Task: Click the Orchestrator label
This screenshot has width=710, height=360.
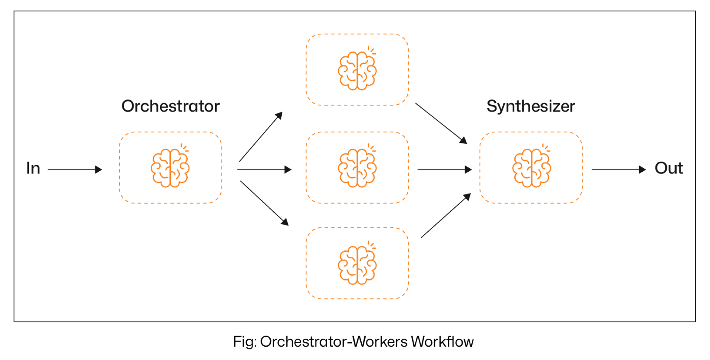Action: coord(170,107)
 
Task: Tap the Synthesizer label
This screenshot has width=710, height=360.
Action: coord(531,107)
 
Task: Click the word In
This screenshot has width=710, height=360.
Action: coord(33,168)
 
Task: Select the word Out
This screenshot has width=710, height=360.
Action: coord(669,168)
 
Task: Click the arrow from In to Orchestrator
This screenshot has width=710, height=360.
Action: coord(75,170)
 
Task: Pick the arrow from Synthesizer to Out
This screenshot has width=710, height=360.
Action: coord(619,170)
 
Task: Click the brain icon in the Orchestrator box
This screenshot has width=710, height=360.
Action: coord(170,168)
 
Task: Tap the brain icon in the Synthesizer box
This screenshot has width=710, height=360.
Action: coord(532,168)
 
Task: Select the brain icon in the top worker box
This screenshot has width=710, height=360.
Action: coord(357,71)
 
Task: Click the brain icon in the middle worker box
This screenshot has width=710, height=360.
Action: coord(357,168)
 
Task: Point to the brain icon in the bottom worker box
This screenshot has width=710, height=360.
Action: coord(357,265)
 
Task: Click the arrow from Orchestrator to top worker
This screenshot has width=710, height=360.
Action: coord(260,137)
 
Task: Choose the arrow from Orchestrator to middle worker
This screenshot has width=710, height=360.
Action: coord(264,170)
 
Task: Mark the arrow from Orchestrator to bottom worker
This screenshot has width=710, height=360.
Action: coord(264,203)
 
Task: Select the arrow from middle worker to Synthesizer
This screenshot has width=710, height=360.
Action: coord(444,170)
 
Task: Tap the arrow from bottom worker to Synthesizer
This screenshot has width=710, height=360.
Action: coord(446,216)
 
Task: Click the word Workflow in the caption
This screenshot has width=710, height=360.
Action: coord(442,342)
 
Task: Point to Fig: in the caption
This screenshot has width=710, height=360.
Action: coord(245,342)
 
